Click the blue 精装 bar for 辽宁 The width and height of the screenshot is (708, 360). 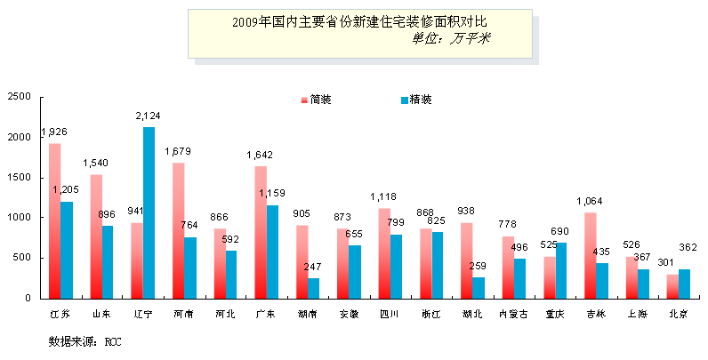[149, 212]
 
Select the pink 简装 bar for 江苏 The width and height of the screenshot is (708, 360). [54, 220]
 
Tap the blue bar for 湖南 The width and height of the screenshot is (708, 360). [314, 288]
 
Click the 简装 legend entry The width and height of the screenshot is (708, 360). [316, 100]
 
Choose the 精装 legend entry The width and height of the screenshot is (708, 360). [416, 100]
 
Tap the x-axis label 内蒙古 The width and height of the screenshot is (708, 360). [513, 314]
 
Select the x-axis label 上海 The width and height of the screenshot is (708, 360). [638, 314]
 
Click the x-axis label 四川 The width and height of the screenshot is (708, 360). [390, 314]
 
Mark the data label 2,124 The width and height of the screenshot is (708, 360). [148, 116]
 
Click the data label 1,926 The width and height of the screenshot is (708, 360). [53, 132]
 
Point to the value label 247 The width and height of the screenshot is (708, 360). [313, 267]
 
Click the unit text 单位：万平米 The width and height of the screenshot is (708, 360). [452, 39]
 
